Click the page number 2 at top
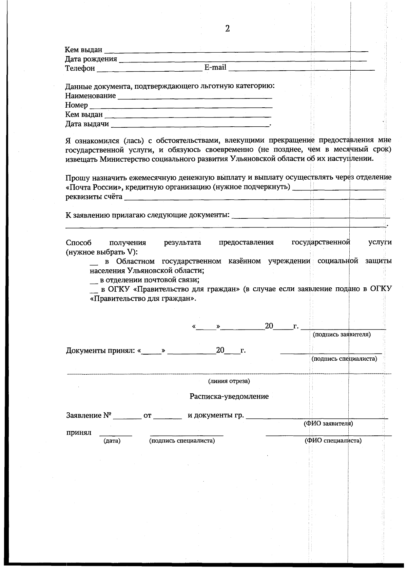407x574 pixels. tap(227, 29)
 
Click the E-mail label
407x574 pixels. tap(215, 67)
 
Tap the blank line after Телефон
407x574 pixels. tap(149, 70)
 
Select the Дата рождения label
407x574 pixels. tap(91, 59)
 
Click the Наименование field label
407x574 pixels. tap(90, 96)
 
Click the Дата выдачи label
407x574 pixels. tap(87, 124)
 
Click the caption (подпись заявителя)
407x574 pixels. tap(342, 335)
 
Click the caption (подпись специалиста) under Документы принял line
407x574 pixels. tap(344, 359)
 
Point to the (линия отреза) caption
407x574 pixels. tap(229, 381)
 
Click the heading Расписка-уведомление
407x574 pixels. tap(229, 396)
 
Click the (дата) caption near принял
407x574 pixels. tap(112, 441)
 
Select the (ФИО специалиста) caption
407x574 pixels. tap(333, 441)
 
